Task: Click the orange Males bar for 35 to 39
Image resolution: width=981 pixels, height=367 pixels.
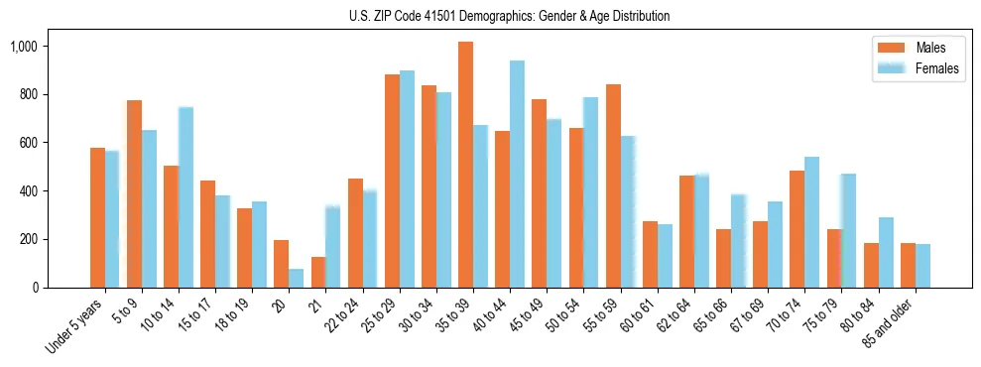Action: (465, 165)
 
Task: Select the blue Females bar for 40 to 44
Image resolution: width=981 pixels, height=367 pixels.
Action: (517, 175)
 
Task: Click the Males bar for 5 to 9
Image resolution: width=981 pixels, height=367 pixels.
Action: (134, 193)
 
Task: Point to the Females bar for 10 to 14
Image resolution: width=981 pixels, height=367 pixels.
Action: (185, 197)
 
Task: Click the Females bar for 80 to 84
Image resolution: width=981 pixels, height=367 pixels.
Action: (886, 252)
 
